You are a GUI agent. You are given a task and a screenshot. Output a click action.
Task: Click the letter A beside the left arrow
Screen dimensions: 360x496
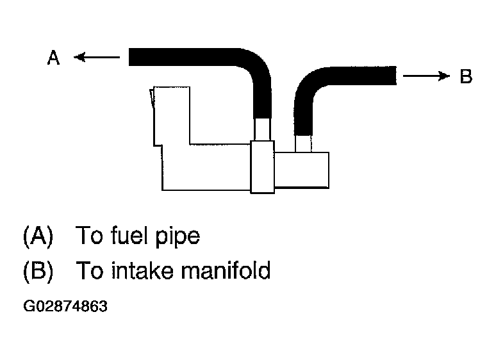(54, 58)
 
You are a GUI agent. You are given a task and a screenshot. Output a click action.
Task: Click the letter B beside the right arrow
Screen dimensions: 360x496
(466, 77)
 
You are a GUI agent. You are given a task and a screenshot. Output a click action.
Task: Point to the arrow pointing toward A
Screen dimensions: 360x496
(96, 58)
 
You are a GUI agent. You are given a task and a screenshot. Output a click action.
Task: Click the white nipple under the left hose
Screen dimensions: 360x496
(263, 130)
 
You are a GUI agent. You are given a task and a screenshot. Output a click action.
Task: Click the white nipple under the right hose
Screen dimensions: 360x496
(303, 143)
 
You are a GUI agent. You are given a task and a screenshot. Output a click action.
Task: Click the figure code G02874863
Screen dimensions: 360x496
(65, 306)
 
